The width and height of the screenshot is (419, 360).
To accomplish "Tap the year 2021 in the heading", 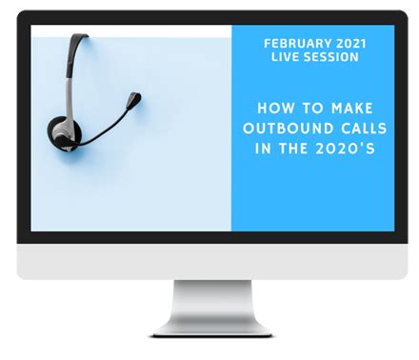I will click(x=347, y=42).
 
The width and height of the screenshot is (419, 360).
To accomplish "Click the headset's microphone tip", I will click(x=136, y=96).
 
